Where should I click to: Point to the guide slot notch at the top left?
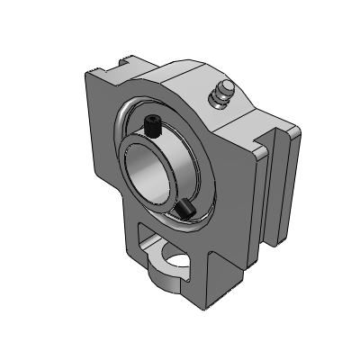122,64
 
